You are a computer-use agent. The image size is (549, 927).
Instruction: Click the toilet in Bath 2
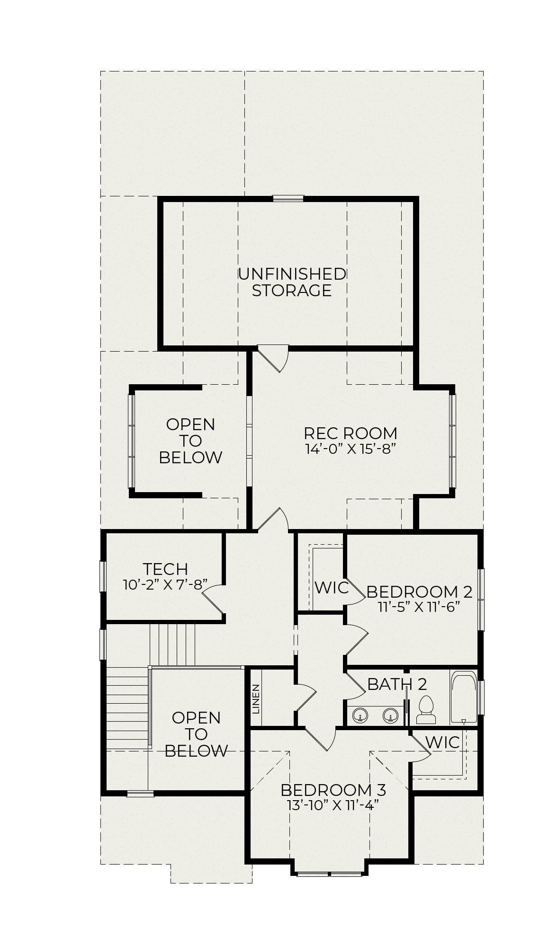(426, 709)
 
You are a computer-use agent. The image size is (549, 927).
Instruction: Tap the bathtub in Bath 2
(464, 697)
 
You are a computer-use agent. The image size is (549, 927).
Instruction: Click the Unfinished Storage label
(292, 282)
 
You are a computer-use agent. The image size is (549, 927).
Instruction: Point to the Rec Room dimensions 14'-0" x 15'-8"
(351, 449)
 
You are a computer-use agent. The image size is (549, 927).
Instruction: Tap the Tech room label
(165, 568)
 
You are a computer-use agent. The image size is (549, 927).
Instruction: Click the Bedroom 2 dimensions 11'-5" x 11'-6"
(419, 607)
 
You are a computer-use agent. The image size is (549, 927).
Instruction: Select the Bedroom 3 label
(333, 790)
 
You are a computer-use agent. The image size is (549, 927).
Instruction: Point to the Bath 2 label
(397, 684)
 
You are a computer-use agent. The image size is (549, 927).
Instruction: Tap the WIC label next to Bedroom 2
(332, 588)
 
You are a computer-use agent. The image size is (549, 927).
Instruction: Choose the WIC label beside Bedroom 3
(442, 742)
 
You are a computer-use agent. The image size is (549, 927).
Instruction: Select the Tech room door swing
(214, 599)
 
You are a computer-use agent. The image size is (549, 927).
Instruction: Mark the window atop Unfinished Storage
(288, 199)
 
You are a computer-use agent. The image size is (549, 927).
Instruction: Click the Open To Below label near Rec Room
(190, 441)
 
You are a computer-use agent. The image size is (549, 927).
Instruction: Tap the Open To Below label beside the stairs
(196, 734)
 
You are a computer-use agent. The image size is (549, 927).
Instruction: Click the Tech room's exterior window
(102, 576)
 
